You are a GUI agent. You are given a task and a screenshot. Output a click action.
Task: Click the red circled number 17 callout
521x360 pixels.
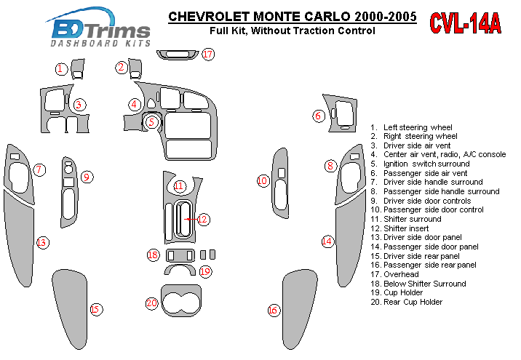[x=208, y=54]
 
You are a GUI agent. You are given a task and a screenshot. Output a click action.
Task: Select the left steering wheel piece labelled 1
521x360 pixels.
[x=78, y=69]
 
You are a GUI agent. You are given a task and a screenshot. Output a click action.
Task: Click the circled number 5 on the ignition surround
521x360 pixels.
[x=151, y=122]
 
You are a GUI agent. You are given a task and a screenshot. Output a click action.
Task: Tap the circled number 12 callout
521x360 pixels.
[x=203, y=219]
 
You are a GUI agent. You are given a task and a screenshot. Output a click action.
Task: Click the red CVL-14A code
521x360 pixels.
[x=465, y=23]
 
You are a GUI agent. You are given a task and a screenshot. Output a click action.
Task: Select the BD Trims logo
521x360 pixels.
[x=98, y=27]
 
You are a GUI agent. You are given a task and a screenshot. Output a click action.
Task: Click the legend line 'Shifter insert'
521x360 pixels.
[x=406, y=228]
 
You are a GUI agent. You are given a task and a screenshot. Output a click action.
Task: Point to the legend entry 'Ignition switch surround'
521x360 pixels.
[x=426, y=164]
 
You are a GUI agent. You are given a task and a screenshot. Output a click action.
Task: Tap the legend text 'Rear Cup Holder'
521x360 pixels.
[x=413, y=302]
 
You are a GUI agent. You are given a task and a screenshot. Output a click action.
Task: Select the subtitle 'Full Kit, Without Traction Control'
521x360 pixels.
[x=293, y=31]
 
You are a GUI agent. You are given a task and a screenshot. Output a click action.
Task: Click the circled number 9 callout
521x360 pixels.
[x=87, y=177]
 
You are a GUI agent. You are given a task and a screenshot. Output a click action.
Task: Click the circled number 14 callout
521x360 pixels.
[x=327, y=241]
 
